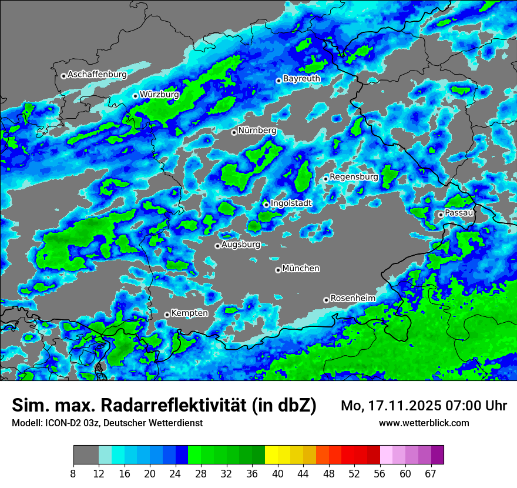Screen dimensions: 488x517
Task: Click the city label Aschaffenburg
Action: (97, 75)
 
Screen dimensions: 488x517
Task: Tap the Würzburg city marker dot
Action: (135, 96)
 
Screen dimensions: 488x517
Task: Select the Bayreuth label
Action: (301, 78)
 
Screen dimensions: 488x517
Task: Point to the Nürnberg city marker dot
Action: (234, 132)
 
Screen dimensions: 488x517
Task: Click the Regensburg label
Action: (354, 176)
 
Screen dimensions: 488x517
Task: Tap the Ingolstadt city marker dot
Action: (266, 205)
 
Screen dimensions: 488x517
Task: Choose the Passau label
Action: (459, 213)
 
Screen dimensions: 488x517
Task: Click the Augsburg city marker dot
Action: (217, 246)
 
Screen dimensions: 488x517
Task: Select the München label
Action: (301, 268)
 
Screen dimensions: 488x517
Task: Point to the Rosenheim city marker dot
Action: (326, 300)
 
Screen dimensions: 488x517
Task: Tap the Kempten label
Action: (189, 313)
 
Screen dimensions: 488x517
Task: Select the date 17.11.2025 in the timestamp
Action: (402, 406)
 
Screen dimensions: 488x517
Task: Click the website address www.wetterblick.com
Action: (424, 423)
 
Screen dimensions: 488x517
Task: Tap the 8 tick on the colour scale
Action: (73, 473)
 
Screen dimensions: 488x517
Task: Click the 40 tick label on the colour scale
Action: (278, 473)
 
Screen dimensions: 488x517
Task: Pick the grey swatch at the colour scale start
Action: (86, 455)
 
